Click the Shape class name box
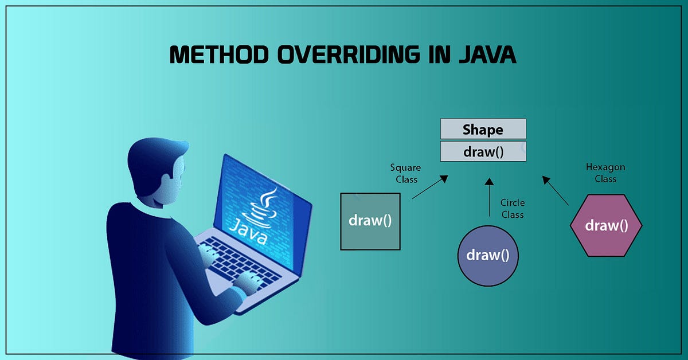tap(483, 129)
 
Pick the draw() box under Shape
tap(483, 152)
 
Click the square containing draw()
tap(370, 221)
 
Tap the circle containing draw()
tap(488, 255)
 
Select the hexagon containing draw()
tap(606, 225)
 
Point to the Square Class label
tap(405, 173)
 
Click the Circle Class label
tap(512, 209)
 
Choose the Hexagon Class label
tap(605, 173)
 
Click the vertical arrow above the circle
tap(488, 198)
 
